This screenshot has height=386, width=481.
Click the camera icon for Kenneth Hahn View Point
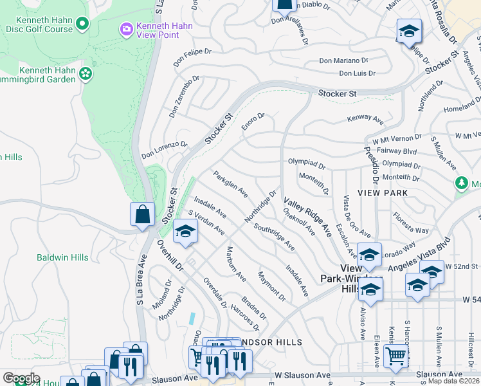(126, 28)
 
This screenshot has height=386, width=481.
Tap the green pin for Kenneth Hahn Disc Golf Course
(82, 24)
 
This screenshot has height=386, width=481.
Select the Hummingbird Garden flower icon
(85, 75)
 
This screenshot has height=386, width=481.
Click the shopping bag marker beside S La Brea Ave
(142, 214)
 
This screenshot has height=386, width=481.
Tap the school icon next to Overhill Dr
(185, 232)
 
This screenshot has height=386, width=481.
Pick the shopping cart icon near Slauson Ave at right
(395, 355)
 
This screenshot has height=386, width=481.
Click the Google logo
(21, 378)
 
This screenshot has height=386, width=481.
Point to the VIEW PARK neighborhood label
(383, 193)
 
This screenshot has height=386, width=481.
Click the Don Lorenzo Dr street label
(165, 151)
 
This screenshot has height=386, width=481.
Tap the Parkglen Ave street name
(231, 183)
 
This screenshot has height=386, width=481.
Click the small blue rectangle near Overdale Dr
(192, 318)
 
